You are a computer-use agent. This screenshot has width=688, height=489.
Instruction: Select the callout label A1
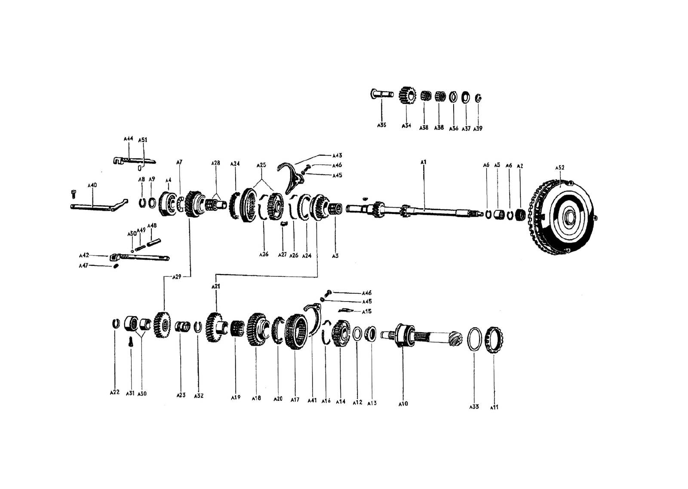pos(423,162)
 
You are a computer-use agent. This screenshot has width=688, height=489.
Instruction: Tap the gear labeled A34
pos(407,95)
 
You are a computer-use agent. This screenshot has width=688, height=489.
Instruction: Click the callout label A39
pos(477,128)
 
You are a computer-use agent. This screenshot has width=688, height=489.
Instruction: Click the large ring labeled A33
pos(474,340)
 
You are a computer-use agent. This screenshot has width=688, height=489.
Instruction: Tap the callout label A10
pos(403,404)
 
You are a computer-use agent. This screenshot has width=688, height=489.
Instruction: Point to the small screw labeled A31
pos(131,342)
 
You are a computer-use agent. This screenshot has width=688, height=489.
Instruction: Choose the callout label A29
pos(177,277)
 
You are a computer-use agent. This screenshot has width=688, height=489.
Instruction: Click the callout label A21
pos(215,286)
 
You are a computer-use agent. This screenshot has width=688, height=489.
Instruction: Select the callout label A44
pos(128,139)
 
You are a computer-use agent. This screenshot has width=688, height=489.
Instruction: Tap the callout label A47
pos(83,266)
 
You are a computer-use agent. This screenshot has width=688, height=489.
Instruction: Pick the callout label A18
pos(256,398)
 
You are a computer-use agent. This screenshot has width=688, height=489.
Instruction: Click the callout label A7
pos(179,162)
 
